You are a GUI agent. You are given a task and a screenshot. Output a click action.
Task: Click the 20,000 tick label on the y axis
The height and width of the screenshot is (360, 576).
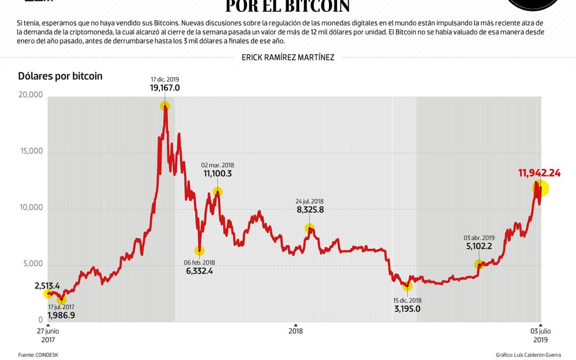click(30, 95)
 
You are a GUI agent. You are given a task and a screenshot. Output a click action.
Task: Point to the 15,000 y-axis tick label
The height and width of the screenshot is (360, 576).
click(30, 151)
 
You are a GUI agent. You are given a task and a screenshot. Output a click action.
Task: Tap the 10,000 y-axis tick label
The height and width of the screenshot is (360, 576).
click(30, 207)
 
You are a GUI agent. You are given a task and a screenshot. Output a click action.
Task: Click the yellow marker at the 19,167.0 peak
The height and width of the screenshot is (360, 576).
click(165, 106)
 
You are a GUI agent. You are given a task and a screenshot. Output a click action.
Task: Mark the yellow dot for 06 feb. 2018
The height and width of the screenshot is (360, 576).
click(200, 251)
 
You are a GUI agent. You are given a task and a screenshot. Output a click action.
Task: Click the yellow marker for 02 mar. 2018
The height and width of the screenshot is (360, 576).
click(218, 192)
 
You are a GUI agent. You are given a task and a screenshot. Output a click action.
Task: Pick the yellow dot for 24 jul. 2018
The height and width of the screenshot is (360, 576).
click(309, 229)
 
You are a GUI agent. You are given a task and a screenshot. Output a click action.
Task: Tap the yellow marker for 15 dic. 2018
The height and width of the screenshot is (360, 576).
click(407, 286)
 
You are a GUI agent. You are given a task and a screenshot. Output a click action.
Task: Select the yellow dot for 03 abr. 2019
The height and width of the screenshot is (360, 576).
click(479, 264)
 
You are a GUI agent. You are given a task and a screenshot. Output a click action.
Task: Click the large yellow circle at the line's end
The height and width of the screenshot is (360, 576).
click(540, 188)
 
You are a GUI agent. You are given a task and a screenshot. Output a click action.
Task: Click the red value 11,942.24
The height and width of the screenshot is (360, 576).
click(539, 173)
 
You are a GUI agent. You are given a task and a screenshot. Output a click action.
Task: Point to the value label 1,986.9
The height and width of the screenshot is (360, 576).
click(61, 316)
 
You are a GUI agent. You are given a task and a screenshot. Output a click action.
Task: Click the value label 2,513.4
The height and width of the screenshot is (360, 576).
click(47, 286)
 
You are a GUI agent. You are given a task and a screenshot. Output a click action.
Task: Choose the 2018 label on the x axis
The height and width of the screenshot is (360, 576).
click(296, 331)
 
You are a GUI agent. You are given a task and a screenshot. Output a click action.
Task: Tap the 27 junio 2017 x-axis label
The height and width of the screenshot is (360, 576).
click(48, 335)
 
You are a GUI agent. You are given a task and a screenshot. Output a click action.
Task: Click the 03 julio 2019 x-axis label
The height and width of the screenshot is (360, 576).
click(540, 335)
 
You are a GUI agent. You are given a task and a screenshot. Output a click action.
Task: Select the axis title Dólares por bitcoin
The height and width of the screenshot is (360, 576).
click(60, 76)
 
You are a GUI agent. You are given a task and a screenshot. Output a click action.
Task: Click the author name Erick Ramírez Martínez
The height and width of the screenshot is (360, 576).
click(287, 58)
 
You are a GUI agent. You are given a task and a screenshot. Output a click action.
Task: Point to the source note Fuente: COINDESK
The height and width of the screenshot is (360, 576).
click(38, 355)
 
